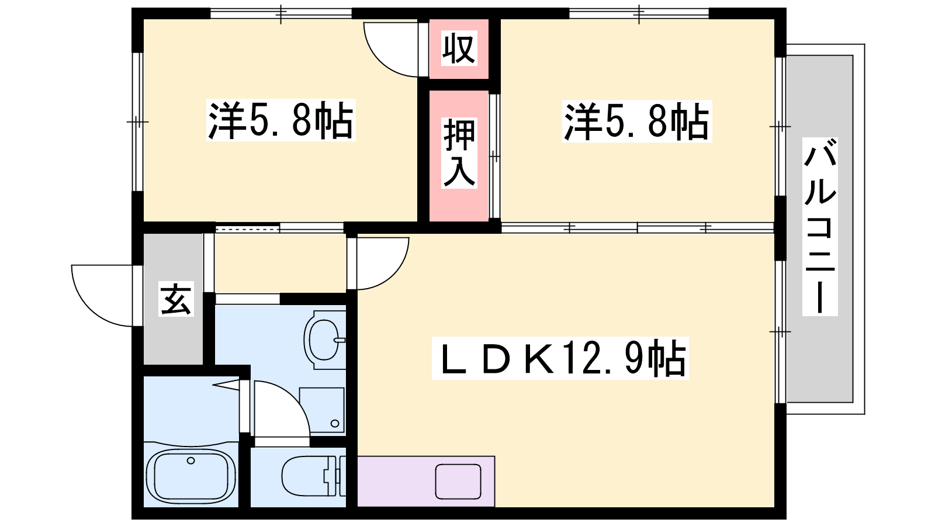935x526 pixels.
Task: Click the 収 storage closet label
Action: (459, 49)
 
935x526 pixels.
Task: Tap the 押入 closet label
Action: (459, 153)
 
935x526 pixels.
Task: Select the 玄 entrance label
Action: (176, 299)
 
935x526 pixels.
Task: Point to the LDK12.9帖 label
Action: (560, 359)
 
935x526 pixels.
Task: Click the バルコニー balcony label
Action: (820, 227)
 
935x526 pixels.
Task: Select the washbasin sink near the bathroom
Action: (325, 340)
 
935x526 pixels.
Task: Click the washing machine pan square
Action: (322, 410)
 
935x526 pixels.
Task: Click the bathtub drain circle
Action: (191, 461)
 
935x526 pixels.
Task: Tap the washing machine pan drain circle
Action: (335, 424)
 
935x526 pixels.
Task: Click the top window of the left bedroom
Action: (281, 14)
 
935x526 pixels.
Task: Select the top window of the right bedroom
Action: (639, 14)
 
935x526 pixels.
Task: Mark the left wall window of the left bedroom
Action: (137, 122)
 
